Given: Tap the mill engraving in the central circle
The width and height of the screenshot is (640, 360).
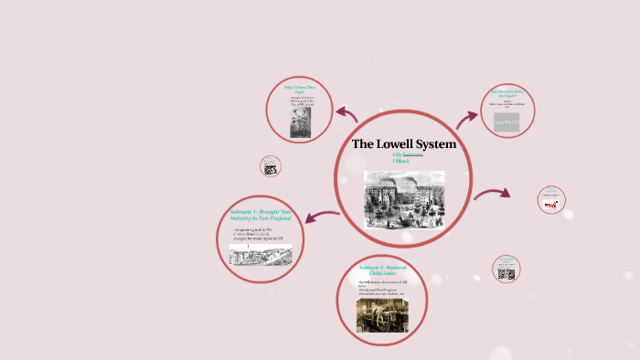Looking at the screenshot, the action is (403, 197).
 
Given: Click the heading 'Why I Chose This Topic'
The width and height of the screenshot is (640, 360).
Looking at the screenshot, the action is (300, 92).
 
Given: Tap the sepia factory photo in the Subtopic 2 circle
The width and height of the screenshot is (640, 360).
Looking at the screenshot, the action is (382, 314).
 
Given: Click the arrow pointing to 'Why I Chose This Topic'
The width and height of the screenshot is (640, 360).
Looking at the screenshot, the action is (347, 113).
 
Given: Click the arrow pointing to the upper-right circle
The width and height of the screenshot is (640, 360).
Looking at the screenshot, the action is (467, 116).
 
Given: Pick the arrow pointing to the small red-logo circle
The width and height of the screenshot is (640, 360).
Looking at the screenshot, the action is (493, 194).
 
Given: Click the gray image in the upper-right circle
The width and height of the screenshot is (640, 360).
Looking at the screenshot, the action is (507, 122).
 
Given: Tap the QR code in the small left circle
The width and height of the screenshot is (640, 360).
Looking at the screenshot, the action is (271, 169).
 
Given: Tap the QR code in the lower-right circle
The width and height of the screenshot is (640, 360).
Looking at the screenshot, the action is (506, 273).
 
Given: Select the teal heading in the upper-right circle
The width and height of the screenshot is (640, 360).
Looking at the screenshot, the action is (507, 93).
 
